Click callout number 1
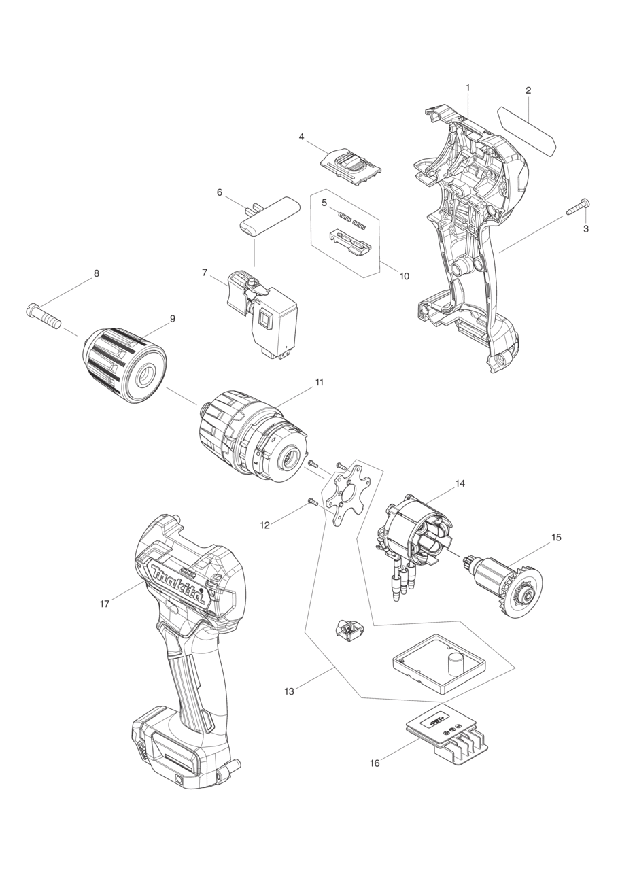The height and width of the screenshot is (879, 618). pos(468,88)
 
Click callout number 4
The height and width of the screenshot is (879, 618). pos(301,137)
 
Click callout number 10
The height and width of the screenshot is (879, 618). pos(404,277)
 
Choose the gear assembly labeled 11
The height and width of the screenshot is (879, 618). pos(252,435)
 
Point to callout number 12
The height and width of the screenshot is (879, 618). pos(264,525)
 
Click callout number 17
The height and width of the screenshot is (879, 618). pos(104,604)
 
